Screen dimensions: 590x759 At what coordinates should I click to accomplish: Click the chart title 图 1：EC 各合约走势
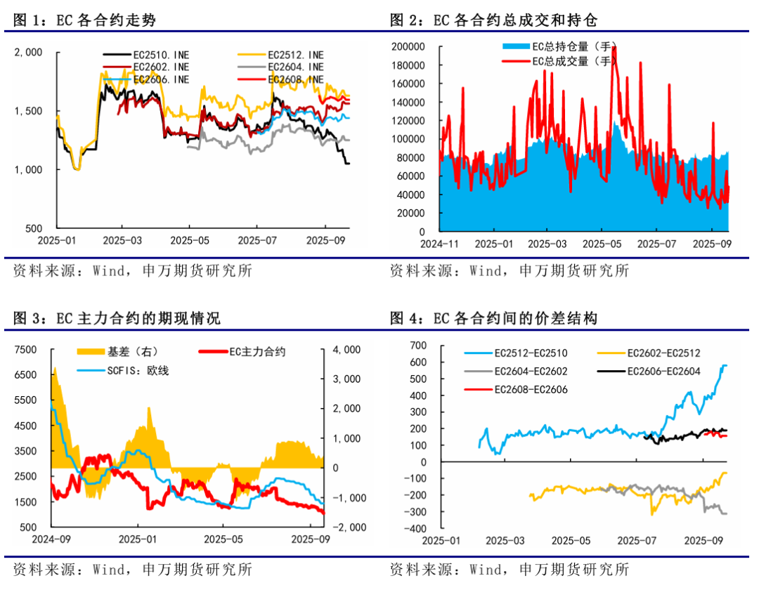point(84,20)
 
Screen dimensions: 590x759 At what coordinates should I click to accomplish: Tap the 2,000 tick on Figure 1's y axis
point(30,52)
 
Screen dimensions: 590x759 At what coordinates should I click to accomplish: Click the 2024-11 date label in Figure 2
point(441,244)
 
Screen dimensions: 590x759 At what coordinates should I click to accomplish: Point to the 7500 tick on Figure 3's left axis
point(26,350)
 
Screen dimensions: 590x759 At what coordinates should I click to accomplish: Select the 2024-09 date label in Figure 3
point(51,539)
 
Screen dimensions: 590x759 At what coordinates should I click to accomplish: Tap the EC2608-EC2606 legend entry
point(531,389)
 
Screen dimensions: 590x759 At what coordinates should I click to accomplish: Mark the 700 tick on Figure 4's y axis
point(417,346)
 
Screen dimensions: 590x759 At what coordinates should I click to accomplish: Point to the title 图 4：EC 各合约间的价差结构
point(493,319)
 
